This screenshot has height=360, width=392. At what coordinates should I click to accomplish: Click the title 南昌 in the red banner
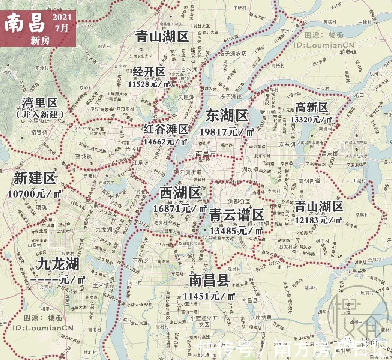(x=25, y=23)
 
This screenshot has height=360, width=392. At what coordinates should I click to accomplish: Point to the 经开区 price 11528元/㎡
(x=149, y=84)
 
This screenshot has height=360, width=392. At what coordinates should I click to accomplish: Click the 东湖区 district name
(x=227, y=117)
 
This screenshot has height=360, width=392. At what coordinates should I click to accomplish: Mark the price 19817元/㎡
(x=227, y=132)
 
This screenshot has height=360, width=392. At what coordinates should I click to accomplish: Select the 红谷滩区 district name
(x=165, y=130)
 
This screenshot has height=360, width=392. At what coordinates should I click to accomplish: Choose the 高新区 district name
(x=312, y=108)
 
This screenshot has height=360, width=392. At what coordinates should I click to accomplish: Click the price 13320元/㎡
(x=312, y=120)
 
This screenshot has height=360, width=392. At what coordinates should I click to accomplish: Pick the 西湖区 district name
(x=180, y=193)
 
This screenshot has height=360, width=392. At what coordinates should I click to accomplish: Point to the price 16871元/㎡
(x=180, y=208)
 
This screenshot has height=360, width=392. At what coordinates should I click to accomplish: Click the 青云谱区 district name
(x=237, y=215)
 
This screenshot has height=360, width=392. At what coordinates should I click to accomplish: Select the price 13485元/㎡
(x=237, y=230)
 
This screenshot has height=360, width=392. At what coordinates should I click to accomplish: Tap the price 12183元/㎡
(x=318, y=220)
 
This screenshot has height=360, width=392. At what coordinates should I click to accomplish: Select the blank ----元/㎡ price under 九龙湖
(x=58, y=280)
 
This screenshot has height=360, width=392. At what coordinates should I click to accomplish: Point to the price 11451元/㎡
(x=209, y=295)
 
